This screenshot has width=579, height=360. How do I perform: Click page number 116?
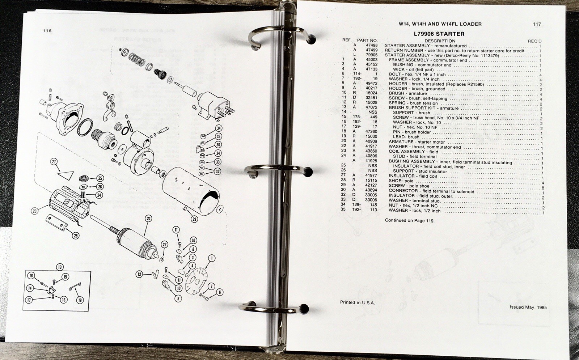click(x=47, y=31)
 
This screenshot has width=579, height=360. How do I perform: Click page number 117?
click(x=537, y=24)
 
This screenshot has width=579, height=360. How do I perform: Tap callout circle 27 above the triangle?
click(x=54, y=162)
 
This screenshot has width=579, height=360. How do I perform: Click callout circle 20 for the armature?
click(x=148, y=219)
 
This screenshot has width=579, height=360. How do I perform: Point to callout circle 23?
click(x=35, y=211)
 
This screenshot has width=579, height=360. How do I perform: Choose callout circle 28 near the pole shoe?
click(x=76, y=236)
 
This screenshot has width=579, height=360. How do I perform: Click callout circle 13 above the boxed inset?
click(x=60, y=267)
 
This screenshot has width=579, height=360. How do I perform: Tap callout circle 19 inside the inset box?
click(x=80, y=300)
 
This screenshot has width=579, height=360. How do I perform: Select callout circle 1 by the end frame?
click(x=211, y=258)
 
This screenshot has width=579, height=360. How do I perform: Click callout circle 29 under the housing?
click(x=194, y=219)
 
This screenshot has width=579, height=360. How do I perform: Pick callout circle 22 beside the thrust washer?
click(x=165, y=245)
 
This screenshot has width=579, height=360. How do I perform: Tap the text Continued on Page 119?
click(x=410, y=220)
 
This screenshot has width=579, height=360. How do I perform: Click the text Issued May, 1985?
click(x=528, y=307)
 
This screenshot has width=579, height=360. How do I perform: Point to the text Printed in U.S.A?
click(x=357, y=302)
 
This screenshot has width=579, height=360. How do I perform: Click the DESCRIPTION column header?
click(x=440, y=41)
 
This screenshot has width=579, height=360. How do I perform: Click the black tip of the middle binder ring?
click(x=307, y=172)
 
